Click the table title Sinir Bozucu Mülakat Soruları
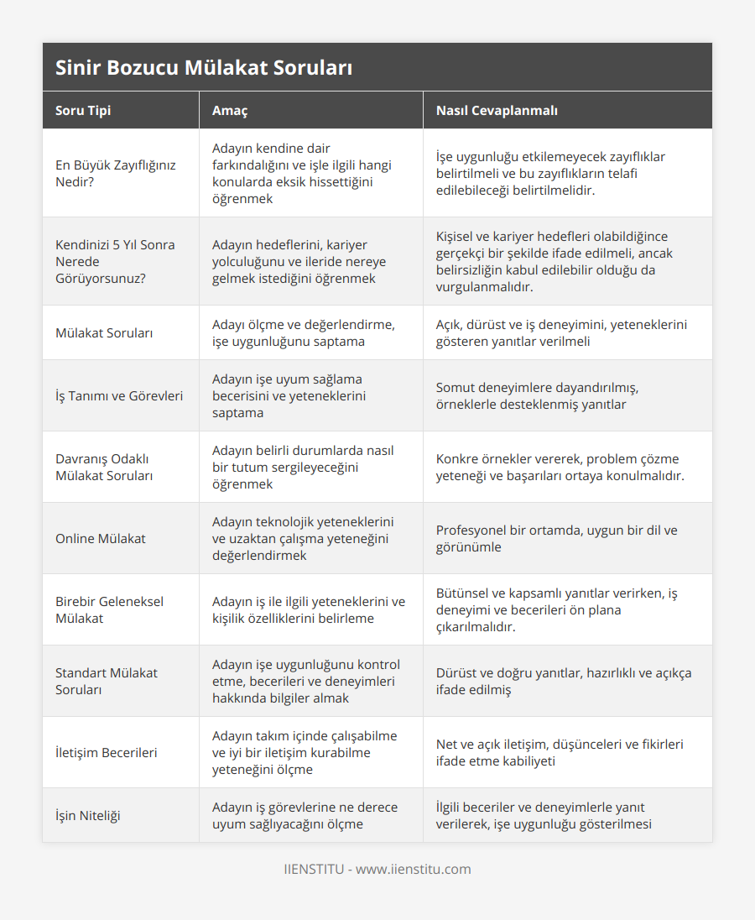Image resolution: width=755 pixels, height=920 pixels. coord(204,68)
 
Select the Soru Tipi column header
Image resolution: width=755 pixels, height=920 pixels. coord(83,111)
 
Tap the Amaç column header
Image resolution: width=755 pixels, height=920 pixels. coord(229,111)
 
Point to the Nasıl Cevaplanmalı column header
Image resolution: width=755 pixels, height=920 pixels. coord(497,111)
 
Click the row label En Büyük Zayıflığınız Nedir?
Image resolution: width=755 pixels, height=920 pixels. coord(116,173)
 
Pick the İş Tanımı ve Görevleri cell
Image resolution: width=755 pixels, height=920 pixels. coord(119,395)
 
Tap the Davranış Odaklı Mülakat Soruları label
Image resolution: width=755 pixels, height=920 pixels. coord(104,467)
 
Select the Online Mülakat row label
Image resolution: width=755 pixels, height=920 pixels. coord(101,538)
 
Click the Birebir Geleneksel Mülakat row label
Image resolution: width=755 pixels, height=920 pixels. coord(109,609)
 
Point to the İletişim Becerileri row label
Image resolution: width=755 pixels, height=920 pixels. coord(107,752)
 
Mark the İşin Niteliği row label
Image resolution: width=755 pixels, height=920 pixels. coord(88,815)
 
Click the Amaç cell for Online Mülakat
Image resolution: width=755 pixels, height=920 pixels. coord(303,538)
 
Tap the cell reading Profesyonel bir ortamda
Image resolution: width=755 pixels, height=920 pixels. coord(556,538)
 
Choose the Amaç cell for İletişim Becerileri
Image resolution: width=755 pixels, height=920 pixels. coord(305,752)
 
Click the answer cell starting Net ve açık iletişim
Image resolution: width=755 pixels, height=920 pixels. coord(560,752)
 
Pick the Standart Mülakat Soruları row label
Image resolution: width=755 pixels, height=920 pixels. coord(107,681)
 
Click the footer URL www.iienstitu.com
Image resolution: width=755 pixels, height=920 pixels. coord(414,869)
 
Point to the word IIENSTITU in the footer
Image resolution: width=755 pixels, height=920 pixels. coord(314,869)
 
